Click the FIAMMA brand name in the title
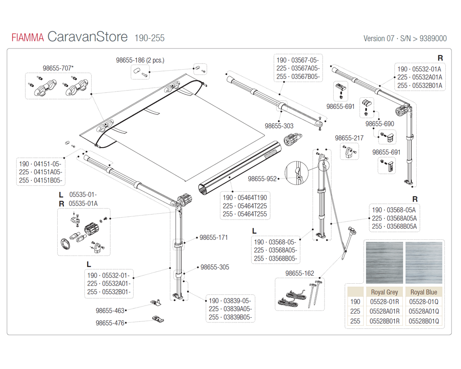tap(28, 38)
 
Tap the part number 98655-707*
tap(58, 68)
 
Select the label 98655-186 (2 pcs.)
tap(140, 60)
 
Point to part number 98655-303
tap(279, 125)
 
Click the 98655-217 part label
tap(349, 138)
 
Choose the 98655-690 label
tap(379, 124)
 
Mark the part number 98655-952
tap(262, 179)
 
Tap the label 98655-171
tap(214, 238)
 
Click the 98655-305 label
tap(214, 267)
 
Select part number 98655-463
tap(110, 311)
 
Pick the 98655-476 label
tap(110, 323)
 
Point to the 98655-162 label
tap(300, 274)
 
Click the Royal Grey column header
tap(384, 292)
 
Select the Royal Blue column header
tap(424, 292)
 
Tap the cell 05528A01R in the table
tap(384, 311)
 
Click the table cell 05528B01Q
tap(424, 321)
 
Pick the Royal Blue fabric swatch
tap(424, 262)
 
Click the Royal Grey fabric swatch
tap(384, 262)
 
